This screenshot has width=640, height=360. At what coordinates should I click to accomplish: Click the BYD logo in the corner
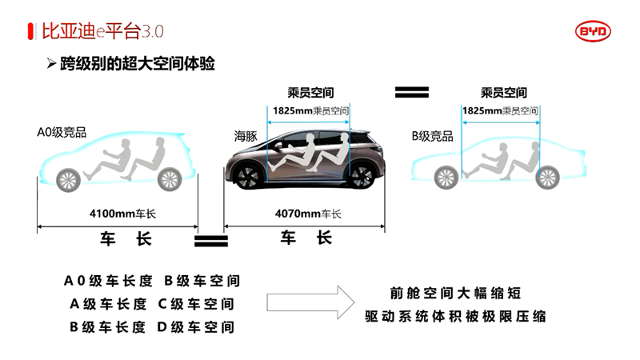(x=592, y=30)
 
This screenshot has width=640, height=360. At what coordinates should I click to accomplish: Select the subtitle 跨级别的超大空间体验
(x=137, y=64)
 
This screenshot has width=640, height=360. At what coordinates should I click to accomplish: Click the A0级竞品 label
(x=61, y=131)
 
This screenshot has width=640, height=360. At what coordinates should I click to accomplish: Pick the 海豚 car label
(x=246, y=136)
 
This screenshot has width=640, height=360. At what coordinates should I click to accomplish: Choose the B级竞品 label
(x=433, y=136)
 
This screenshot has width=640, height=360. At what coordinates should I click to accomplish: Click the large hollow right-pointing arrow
(x=310, y=302)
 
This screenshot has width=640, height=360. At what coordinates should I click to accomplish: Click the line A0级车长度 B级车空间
(x=152, y=281)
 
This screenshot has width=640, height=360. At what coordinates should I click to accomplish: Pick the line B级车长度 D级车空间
(x=152, y=326)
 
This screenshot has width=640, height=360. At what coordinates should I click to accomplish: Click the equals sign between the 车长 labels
(x=211, y=238)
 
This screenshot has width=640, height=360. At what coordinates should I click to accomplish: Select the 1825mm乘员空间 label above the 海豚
(x=310, y=110)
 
